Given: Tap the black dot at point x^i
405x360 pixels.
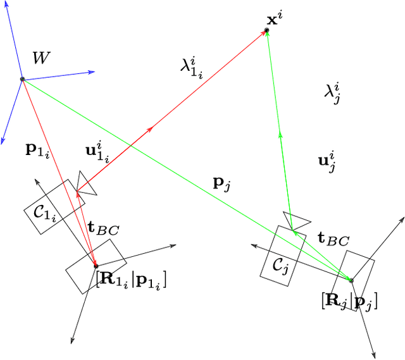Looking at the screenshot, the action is point(267,30).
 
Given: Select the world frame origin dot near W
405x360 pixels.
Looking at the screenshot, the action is point(22,78).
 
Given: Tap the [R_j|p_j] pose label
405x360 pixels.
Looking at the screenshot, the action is point(349,302).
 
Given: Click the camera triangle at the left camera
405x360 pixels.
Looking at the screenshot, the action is point(85,183).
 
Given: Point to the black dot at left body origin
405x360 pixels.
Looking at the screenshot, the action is point(96,265).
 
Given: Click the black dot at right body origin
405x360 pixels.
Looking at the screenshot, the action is point(351,279).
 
